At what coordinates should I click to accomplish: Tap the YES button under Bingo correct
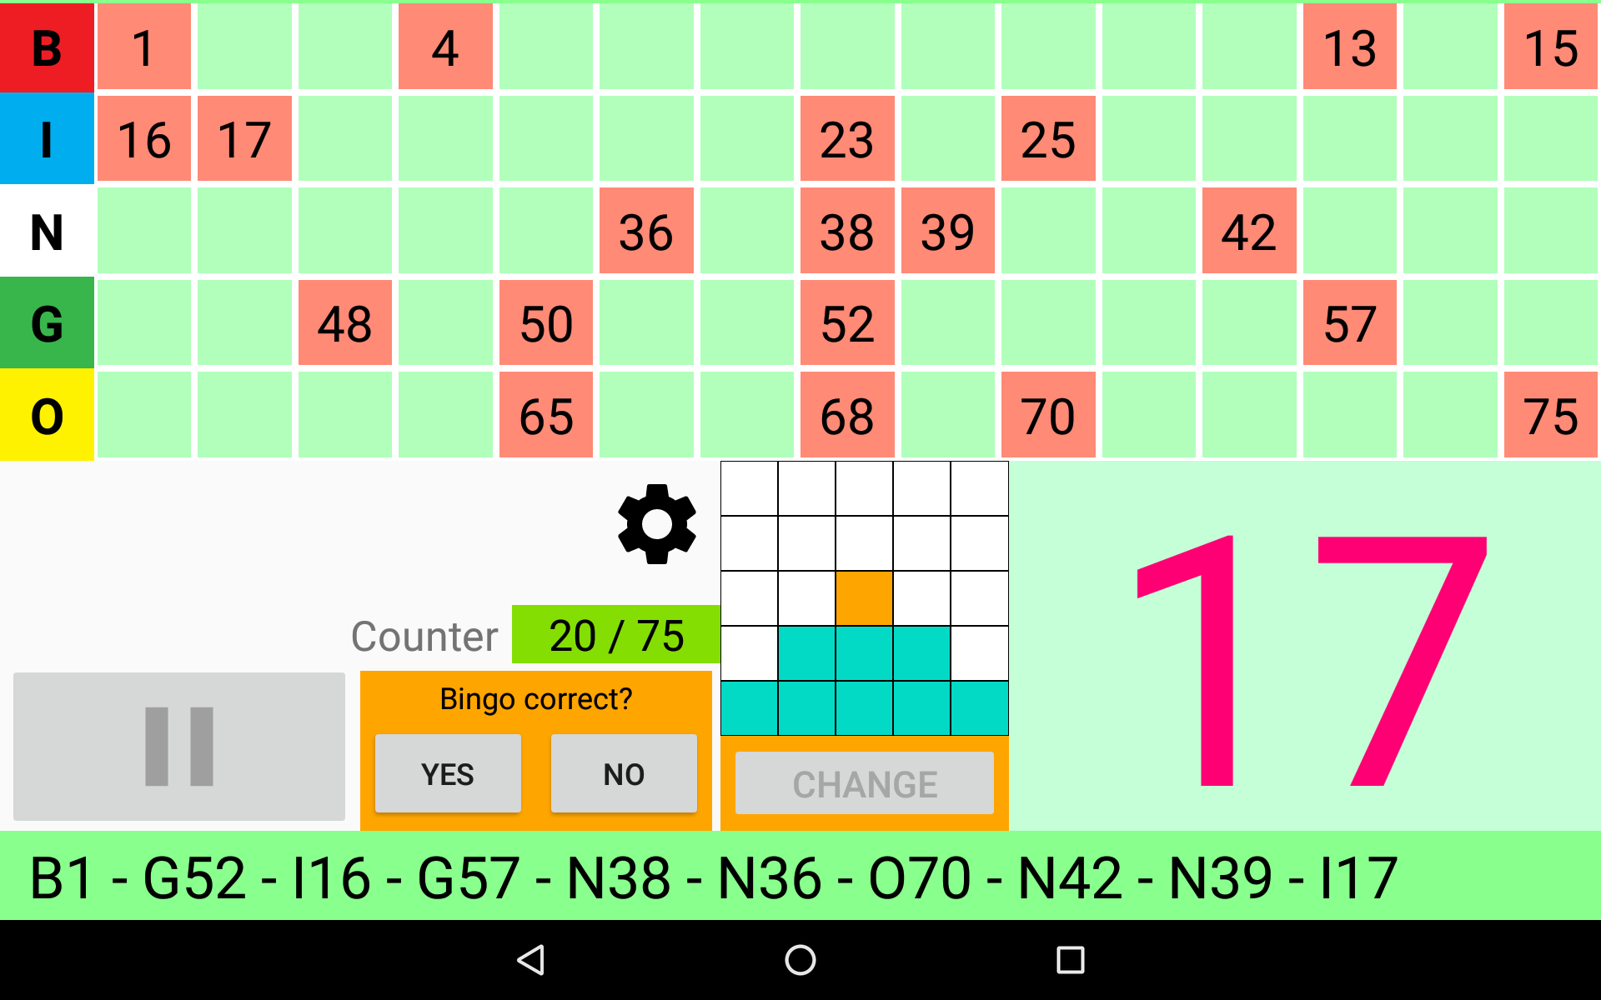click(448, 773)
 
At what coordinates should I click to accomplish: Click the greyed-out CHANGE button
click(865, 783)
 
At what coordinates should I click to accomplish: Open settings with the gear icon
click(657, 524)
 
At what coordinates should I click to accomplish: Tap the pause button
click(179, 747)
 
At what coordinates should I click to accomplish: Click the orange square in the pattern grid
click(864, 598)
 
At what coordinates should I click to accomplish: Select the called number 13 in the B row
click(1349, 47)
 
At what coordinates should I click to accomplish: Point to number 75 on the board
click(1550, 415)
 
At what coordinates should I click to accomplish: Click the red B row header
click(47, 47)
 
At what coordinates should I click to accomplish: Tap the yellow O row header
click(47, 415)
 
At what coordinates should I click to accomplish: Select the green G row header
click(47, 323)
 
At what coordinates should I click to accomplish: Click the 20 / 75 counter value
click(616, 635)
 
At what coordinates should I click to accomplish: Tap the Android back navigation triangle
click(531, 960)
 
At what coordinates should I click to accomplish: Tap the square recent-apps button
click(1070, 960)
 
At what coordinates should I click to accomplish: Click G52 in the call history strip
click(194, 878)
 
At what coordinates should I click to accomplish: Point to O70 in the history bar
click(920, 878)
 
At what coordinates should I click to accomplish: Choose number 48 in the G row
click(345, 323)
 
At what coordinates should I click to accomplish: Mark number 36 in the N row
click(646, 231)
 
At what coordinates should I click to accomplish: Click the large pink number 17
click(1312, 660)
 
